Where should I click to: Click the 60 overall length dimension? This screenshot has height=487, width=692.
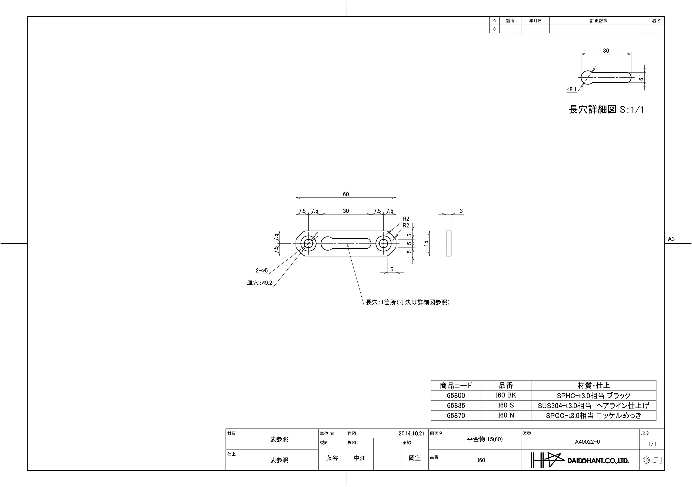pos(346,194)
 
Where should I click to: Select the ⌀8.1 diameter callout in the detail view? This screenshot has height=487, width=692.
pos(571,89)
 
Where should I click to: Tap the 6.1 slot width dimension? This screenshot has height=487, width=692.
pos(641,77)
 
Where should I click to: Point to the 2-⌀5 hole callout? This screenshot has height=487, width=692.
pos(262,271)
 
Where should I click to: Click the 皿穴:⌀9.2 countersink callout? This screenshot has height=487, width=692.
pos(259,283)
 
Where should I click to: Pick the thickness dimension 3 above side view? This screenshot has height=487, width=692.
pos(461,211)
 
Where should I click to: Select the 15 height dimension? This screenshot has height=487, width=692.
pos(426,243)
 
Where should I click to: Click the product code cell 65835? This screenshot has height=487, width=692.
pos(456,406)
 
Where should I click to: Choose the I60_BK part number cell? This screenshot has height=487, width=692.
pos(506,395)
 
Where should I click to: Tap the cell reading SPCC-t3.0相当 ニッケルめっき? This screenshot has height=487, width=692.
pos(593,416)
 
